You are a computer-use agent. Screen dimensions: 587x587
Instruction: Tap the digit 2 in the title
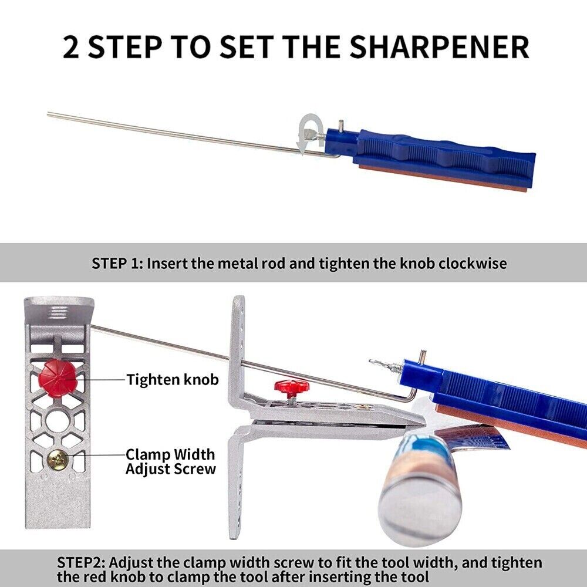[71, 47]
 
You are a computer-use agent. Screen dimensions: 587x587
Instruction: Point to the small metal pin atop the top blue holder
[340, 124]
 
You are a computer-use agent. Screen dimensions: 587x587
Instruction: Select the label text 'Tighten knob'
[173, 379]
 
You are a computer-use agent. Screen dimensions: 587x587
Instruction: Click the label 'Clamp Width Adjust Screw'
[171, 461]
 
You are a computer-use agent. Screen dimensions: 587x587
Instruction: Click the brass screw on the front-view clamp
[58, 460]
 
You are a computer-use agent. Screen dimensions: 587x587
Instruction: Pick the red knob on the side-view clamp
[290, 386]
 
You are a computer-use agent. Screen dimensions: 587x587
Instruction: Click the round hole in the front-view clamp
[57, 421]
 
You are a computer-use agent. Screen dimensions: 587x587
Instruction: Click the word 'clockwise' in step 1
[473, 264]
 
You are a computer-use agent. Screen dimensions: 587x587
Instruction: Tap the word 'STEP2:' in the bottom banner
[82, 563]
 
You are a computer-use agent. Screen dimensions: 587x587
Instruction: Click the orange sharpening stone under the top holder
[443, 179]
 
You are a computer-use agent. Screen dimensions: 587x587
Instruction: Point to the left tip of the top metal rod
[48, 114]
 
